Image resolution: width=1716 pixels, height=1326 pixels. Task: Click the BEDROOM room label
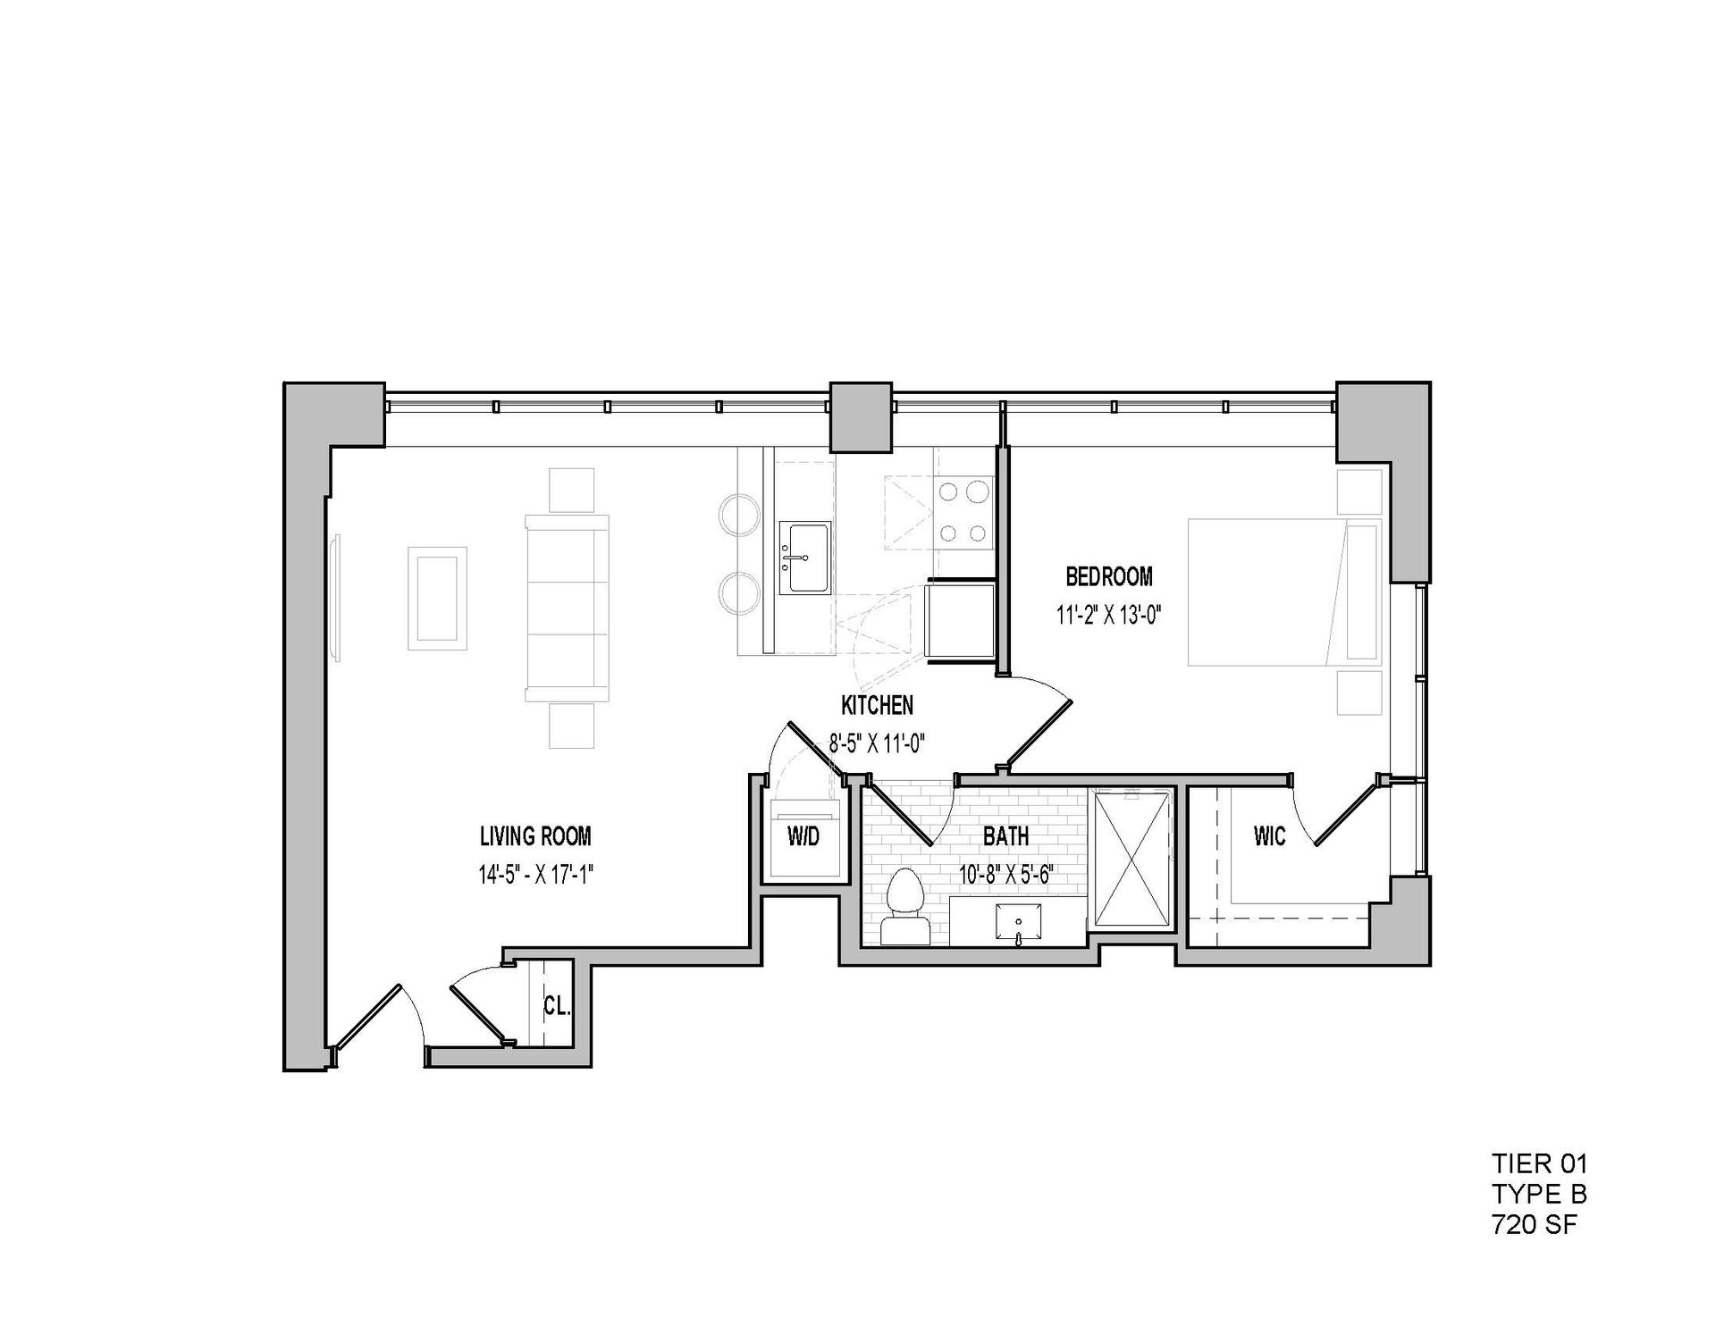coord(1108,576)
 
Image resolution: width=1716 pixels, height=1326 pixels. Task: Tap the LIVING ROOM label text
coord(535,836)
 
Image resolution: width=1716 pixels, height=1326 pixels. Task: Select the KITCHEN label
coord(877,705)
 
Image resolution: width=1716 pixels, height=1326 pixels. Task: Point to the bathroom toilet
coord(904,905)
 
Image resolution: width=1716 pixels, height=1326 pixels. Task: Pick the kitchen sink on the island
coord(804,558)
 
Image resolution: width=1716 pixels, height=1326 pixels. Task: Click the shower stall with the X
coord(1131,860)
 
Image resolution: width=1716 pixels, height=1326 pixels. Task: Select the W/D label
coord(803,837)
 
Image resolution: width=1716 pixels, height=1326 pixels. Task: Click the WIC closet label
coord(1269,836)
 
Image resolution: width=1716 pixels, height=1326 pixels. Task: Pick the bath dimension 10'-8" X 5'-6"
coord(1006,875)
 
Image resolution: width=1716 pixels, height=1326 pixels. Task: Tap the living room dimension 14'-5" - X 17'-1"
coord(536,875)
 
